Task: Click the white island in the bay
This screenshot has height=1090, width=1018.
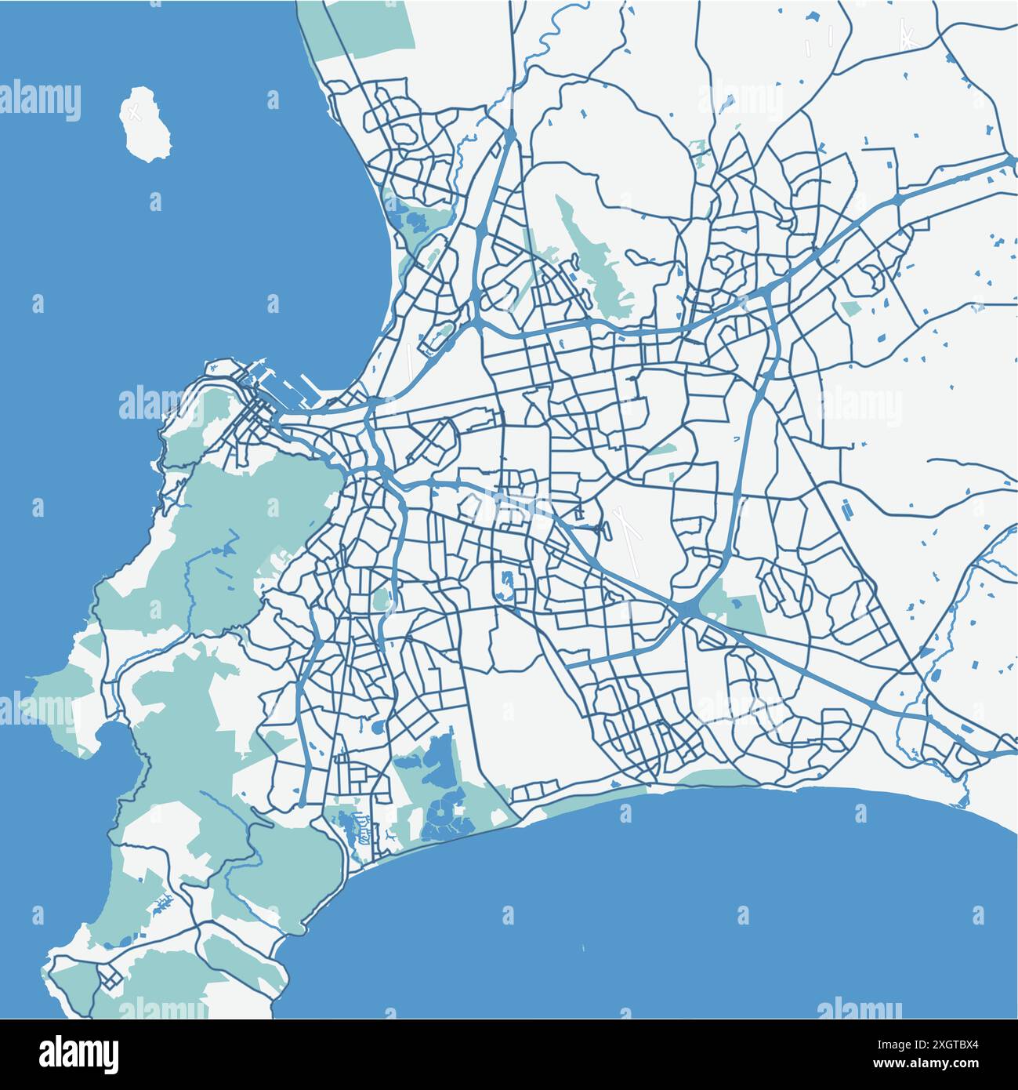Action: click(x=139, y=125)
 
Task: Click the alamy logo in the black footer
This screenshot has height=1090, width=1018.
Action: click(x=81, y=1052)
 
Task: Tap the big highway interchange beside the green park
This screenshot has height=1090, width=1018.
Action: click(x=688, y=609)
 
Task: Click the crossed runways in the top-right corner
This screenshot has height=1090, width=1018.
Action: click(x=908, y=35)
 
